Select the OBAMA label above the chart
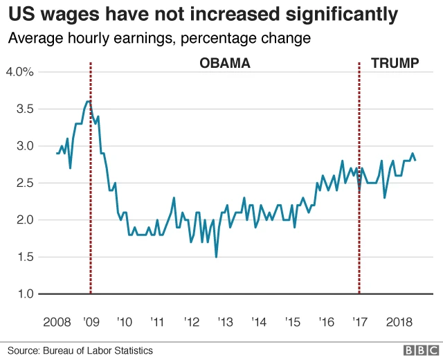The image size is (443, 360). (x=224, y=64)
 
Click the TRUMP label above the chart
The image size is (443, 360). (x=395, y=64)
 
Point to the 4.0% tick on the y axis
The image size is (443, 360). (x=20, y=72)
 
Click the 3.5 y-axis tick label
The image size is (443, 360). (x=25, y=109)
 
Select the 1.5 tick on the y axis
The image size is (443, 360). (x=25, y=257)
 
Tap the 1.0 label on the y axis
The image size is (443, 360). (x=25, y=294)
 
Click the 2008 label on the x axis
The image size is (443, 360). (x=57, y=323)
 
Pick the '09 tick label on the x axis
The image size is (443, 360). (x=91, y=323)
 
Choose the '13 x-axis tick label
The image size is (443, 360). (x=225, y=323)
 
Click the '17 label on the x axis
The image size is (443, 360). (x=359, y=323)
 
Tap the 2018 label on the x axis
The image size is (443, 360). (x=399, y=323)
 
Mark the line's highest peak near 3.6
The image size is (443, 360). (x=89, y=101)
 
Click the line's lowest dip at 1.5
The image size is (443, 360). (x=216, y=257)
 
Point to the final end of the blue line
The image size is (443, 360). (x=415, y=160)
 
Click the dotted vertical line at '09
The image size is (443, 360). (x=91, y=208)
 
